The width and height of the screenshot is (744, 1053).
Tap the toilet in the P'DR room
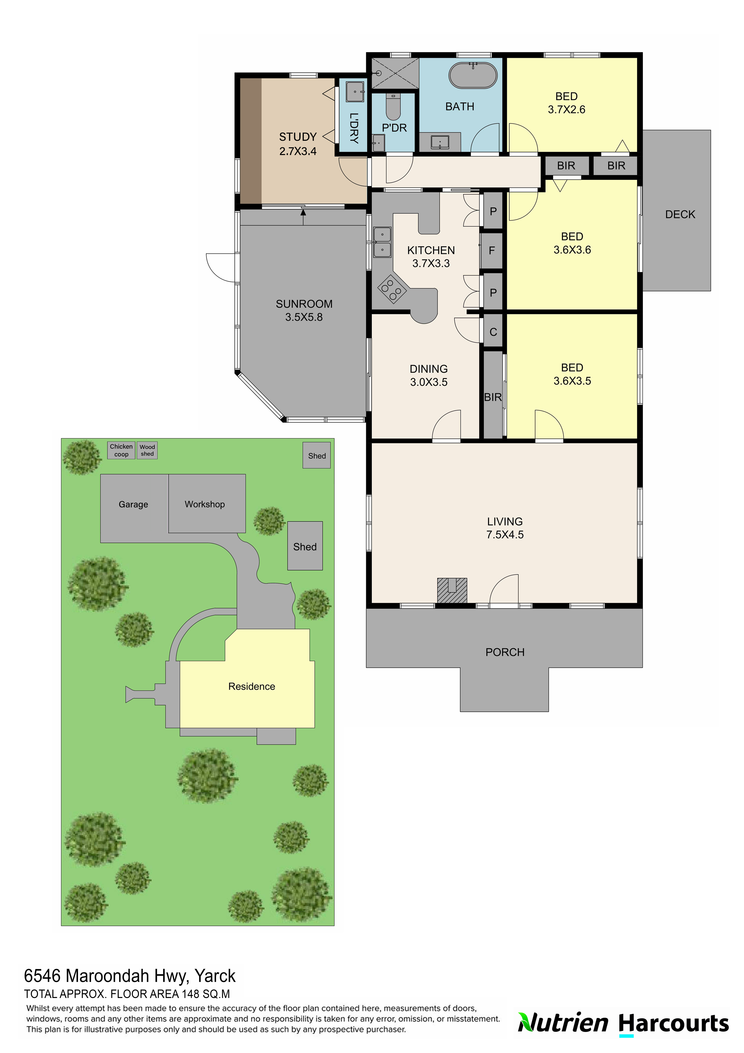(x=393, y=107)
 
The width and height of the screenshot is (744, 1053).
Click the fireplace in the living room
(x=452, y=590)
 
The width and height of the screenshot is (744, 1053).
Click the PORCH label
(x=505, y=652)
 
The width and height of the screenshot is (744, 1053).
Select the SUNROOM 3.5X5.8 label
(x=304, y=311)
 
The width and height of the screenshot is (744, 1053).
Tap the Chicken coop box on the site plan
(x=121, y=450)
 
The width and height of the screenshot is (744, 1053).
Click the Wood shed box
(x=147, y=450)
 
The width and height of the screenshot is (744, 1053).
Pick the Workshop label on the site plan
(x=205, y=504)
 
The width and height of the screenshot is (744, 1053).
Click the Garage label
(x=133, y=504)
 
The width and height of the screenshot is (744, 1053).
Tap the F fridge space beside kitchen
(x=492, y=250)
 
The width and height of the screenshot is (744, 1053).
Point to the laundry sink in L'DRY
(x=355, y=92)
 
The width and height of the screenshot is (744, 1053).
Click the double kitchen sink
(x=382, y=242)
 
